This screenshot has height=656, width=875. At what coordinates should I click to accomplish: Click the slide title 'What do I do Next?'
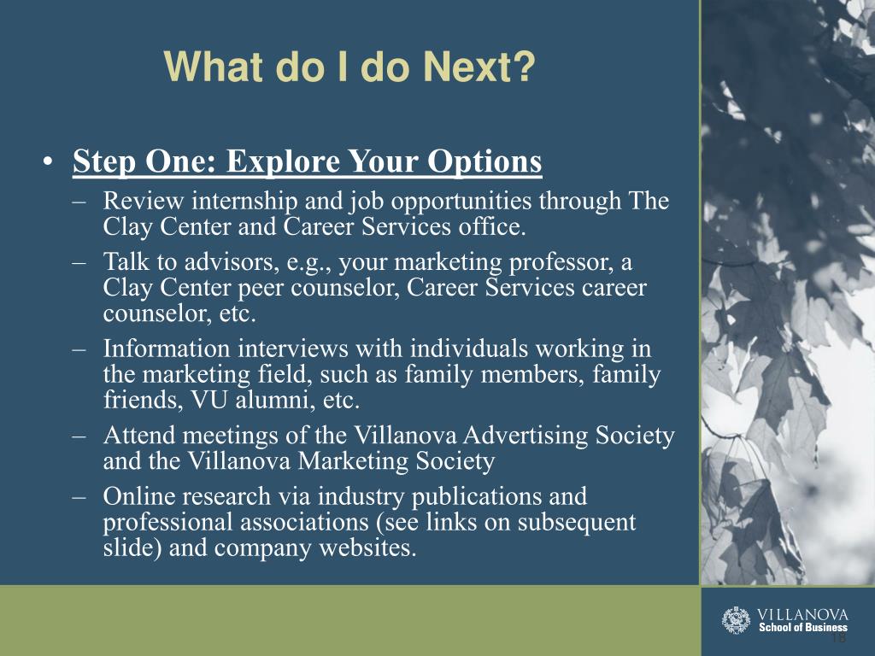pos(349,67)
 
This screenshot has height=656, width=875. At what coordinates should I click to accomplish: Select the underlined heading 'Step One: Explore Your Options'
pos(308,161)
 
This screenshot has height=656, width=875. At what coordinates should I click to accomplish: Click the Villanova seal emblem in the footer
pos(736,620)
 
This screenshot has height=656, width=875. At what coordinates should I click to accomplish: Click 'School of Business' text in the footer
pos(803,628)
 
